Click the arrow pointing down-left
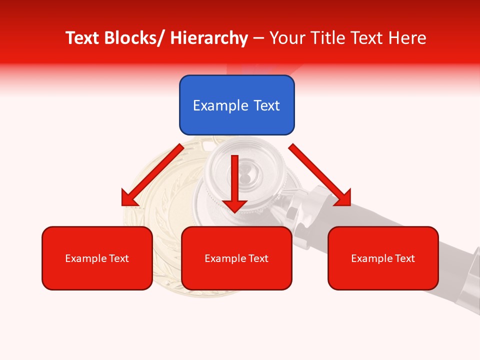[x=152, y=175]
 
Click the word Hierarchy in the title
[x=209, y=38]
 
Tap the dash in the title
[x=258, y=38]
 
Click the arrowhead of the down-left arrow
[x=128, y=198]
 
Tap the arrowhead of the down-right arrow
[x=343, y=198]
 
